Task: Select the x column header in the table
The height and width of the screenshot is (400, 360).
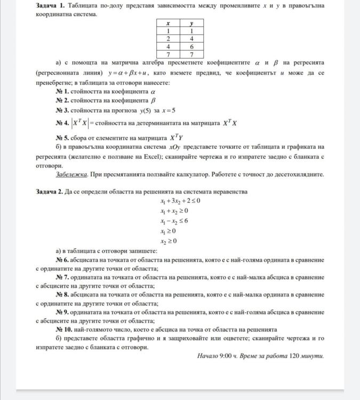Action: click(x=168, y=23)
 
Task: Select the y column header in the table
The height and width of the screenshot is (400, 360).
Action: click(x=191, y=23)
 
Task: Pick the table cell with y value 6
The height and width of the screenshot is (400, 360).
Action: click(x=191, y=46)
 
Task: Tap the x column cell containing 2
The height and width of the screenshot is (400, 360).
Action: click(x=168, y=39)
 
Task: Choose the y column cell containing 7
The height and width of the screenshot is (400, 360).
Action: click(x=191, y=54)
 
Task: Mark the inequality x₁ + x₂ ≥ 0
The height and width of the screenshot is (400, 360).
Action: click(x=174, y=211)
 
